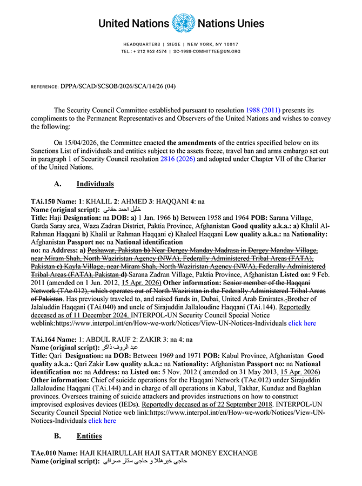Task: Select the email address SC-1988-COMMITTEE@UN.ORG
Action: click(207, 51)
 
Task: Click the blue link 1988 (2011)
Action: click(263, 110)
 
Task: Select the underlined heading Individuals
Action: click(95, 184)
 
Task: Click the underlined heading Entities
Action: click(89, 435)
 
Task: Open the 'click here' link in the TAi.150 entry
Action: click(302, 323)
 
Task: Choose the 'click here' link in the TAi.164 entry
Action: click(102, 420)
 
